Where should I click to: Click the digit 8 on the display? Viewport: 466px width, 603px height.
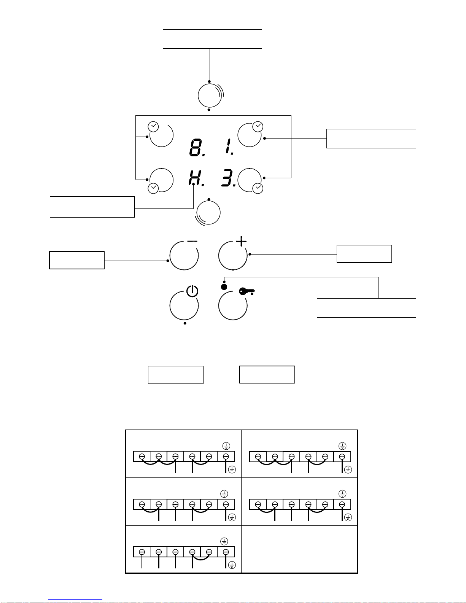(x=196, y=148)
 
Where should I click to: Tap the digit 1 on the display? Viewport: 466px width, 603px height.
(x=229, y=147)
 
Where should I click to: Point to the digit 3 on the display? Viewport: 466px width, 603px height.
(x=228, y=178)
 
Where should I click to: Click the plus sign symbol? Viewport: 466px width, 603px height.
(x=242, y=242)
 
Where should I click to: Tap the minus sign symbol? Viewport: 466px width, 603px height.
(x=192, y=241)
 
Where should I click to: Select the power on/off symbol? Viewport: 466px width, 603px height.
(x=192, y=291)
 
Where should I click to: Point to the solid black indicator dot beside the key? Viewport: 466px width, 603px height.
(x=224, y=287)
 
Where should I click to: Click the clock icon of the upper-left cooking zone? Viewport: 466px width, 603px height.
(x=153, y=126)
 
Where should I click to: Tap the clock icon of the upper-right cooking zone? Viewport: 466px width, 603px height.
(x=258, y=126)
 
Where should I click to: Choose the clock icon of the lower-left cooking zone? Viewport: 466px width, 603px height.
(x=153, y=188)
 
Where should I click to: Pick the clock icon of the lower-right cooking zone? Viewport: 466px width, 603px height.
(x=258, y=188)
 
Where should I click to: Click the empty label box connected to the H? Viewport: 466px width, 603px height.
(x=92, y=207)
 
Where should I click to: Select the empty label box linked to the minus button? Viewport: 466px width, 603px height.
(x=77, y=260)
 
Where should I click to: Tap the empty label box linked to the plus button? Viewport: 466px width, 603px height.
(x=364, y=254)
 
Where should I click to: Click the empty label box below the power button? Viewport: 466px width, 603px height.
(x=175, y=375)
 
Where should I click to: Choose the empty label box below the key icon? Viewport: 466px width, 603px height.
(x=267, y=374)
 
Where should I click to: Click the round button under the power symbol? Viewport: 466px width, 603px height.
(x=184, y=305)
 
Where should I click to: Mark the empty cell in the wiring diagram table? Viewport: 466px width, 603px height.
(x=299, y=549)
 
